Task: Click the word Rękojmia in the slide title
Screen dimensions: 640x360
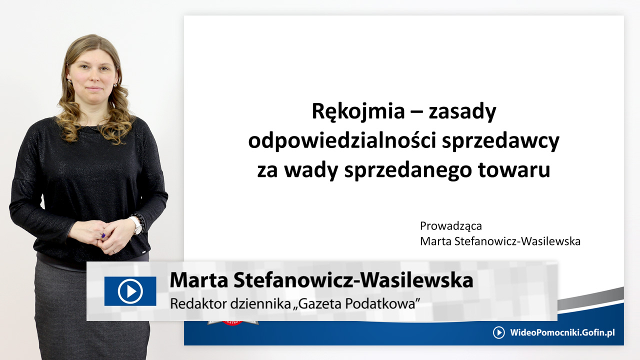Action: pyautogui.click(x=358, y=111)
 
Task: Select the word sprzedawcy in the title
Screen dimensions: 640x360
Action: pyautogui.click(x=500, y=141)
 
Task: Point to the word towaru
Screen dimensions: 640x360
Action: pyautogui.click(x=514, y=170)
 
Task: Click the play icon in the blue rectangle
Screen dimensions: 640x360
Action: pyautogui.click(x=130, y=291)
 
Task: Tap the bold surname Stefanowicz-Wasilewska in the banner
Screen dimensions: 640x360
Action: pyautogui.click(x=353, y=280)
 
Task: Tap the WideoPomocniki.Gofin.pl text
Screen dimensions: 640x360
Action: pyautogui.click(x=562, y=333)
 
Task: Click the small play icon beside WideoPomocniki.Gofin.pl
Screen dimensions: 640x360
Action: pyautogui.click(x=499, y=332)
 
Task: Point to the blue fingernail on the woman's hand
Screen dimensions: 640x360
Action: pyautogui.click(x=103, y=235)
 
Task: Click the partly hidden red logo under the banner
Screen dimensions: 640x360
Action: pyautogui.click(x=233, y=323)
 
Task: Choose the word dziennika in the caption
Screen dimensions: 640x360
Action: pyautogui.click(x=260, y=303)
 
